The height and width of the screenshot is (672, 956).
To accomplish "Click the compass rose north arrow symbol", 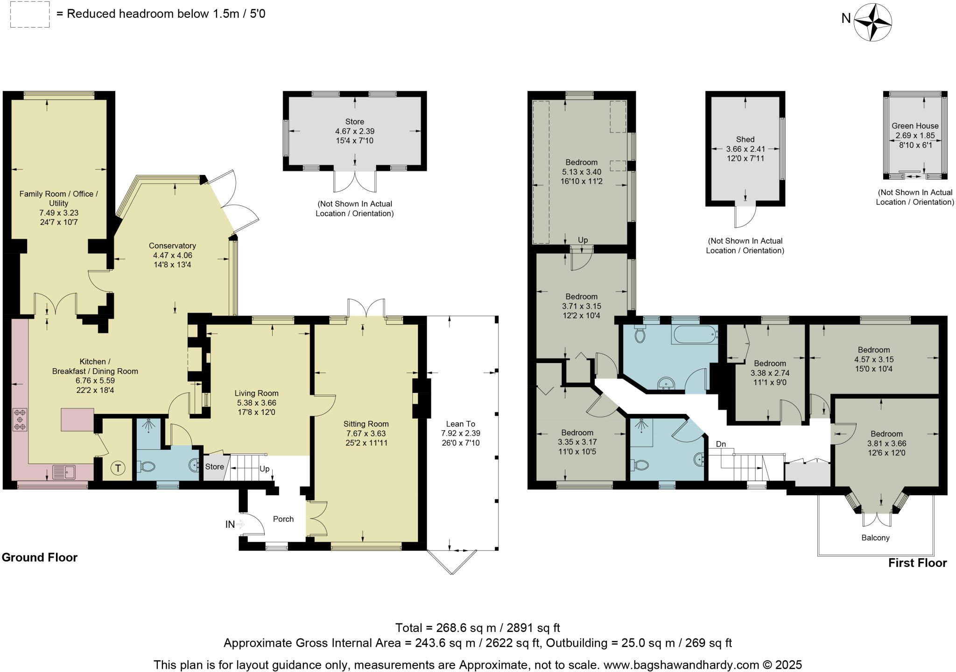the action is (873, 22).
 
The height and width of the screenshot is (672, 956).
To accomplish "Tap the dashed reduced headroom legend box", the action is (30, 14).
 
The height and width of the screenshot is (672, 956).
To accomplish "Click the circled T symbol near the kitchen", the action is (119, 468).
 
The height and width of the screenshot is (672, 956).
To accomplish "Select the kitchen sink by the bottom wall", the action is (64, 472).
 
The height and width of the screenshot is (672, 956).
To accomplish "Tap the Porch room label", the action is (283, 519).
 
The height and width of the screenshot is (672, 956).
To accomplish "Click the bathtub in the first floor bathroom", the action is (694, 334).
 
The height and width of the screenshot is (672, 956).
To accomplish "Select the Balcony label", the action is (876, 538).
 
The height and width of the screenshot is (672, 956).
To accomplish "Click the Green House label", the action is (915, 126).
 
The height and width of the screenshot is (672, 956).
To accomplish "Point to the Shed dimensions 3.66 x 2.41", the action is (745, 149).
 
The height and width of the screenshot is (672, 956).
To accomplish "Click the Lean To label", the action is (461, 424).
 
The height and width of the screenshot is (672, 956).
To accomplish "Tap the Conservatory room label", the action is (172, 245).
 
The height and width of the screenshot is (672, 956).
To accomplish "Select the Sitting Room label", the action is (366, 424).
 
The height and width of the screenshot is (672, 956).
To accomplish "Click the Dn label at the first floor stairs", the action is (721, 444).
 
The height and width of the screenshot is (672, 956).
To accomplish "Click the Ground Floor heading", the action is (40, 557).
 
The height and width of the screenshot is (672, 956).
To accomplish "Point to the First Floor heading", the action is (917, 563).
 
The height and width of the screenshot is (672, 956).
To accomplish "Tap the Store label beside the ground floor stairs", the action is (215, 467).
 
